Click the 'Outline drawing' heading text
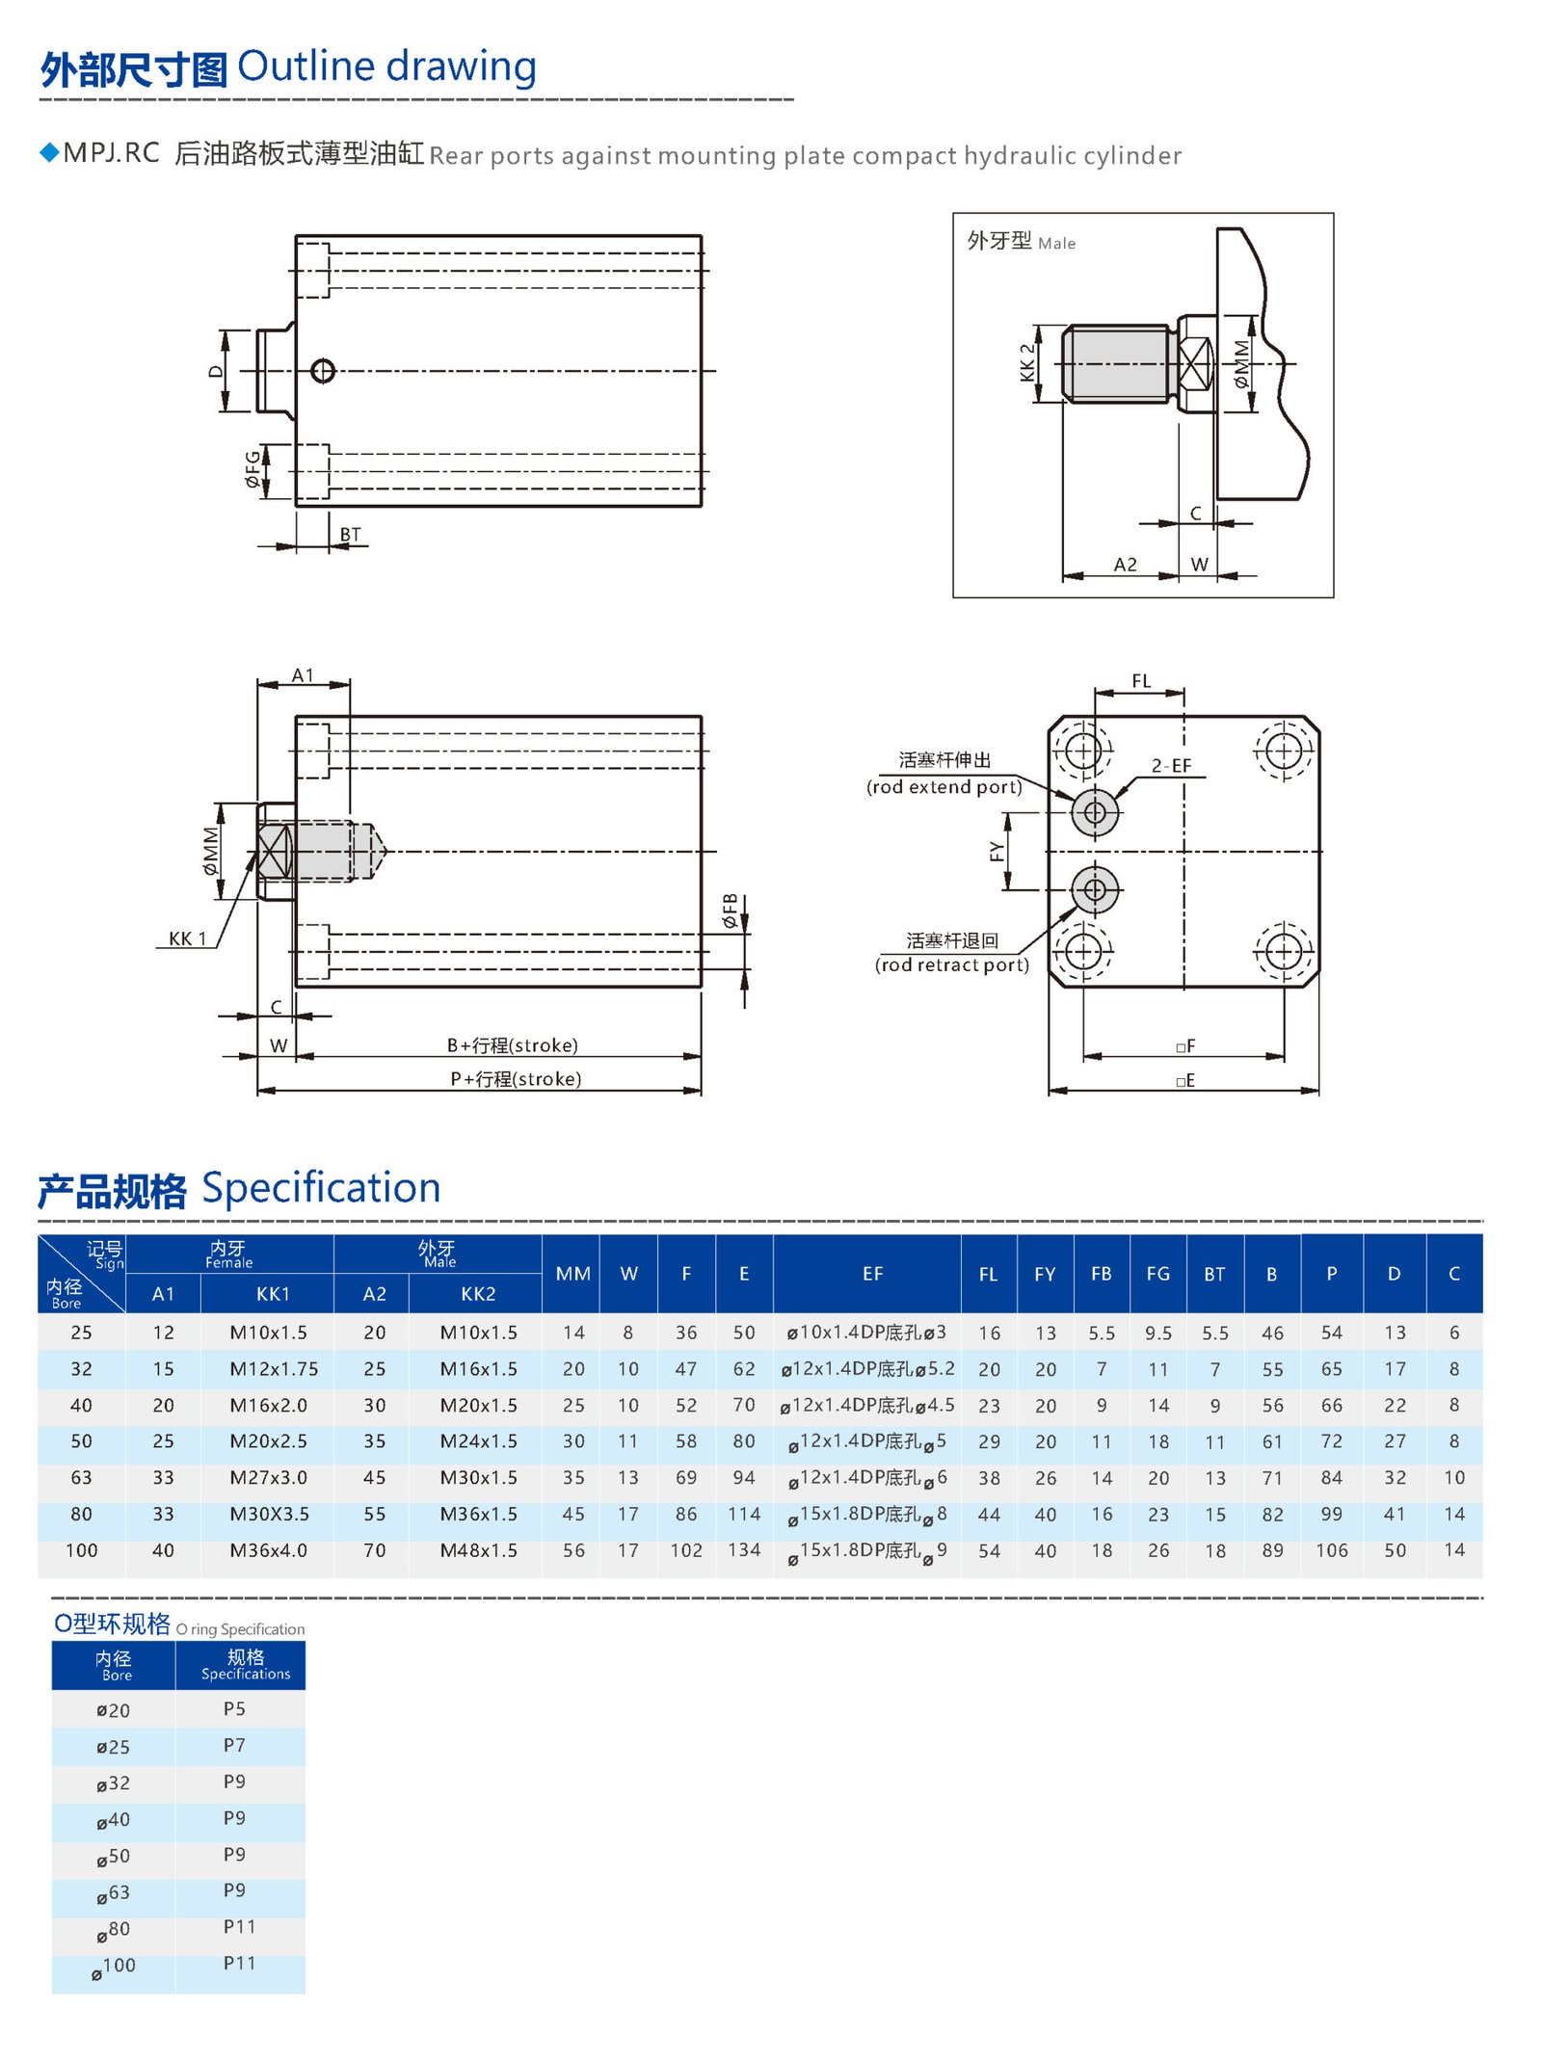(386, 67)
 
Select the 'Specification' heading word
(321, 1188)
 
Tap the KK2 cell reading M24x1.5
(478, 1441)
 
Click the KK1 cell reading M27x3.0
(268, 1478)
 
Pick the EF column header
(872, 1274)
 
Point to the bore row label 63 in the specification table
(81, 1478)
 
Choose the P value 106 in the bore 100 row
(1331, 1550)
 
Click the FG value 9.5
(1157, 1333)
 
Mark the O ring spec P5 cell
(234, 1709)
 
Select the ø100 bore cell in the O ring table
(114, 1966)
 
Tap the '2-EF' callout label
(1171, 766)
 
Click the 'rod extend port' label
(944, 787)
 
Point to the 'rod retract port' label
(951, 965)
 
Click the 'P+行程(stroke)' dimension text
(516, 1079)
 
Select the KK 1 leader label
(187, 938)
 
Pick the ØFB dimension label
(730, 911)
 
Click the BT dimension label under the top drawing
(350, 534)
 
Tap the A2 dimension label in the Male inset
(1125, 565)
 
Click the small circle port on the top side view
(323, 371)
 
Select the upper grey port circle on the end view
(1095, 812)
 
